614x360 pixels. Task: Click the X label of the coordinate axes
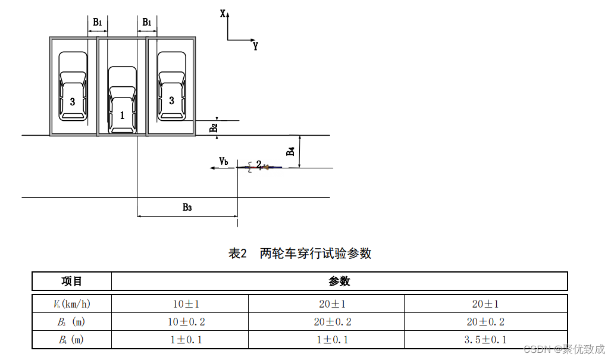tap(223, 13)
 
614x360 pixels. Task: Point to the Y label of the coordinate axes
tap(255, 46)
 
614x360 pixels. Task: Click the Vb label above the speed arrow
tap(224, 161)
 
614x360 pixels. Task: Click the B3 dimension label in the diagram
tap(187, 207)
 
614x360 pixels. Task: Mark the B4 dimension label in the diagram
tap(290, 151)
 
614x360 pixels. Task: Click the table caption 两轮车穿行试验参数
tap(300, 253)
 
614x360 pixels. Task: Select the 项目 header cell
tap(72, 281)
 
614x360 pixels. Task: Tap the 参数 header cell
tap(339, 281)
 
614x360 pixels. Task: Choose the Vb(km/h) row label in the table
tap(72, 304)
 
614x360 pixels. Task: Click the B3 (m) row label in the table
tap(72, 322)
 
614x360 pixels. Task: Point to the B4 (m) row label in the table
tap(72, 340)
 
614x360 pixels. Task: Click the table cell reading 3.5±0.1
tap(485, 340)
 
